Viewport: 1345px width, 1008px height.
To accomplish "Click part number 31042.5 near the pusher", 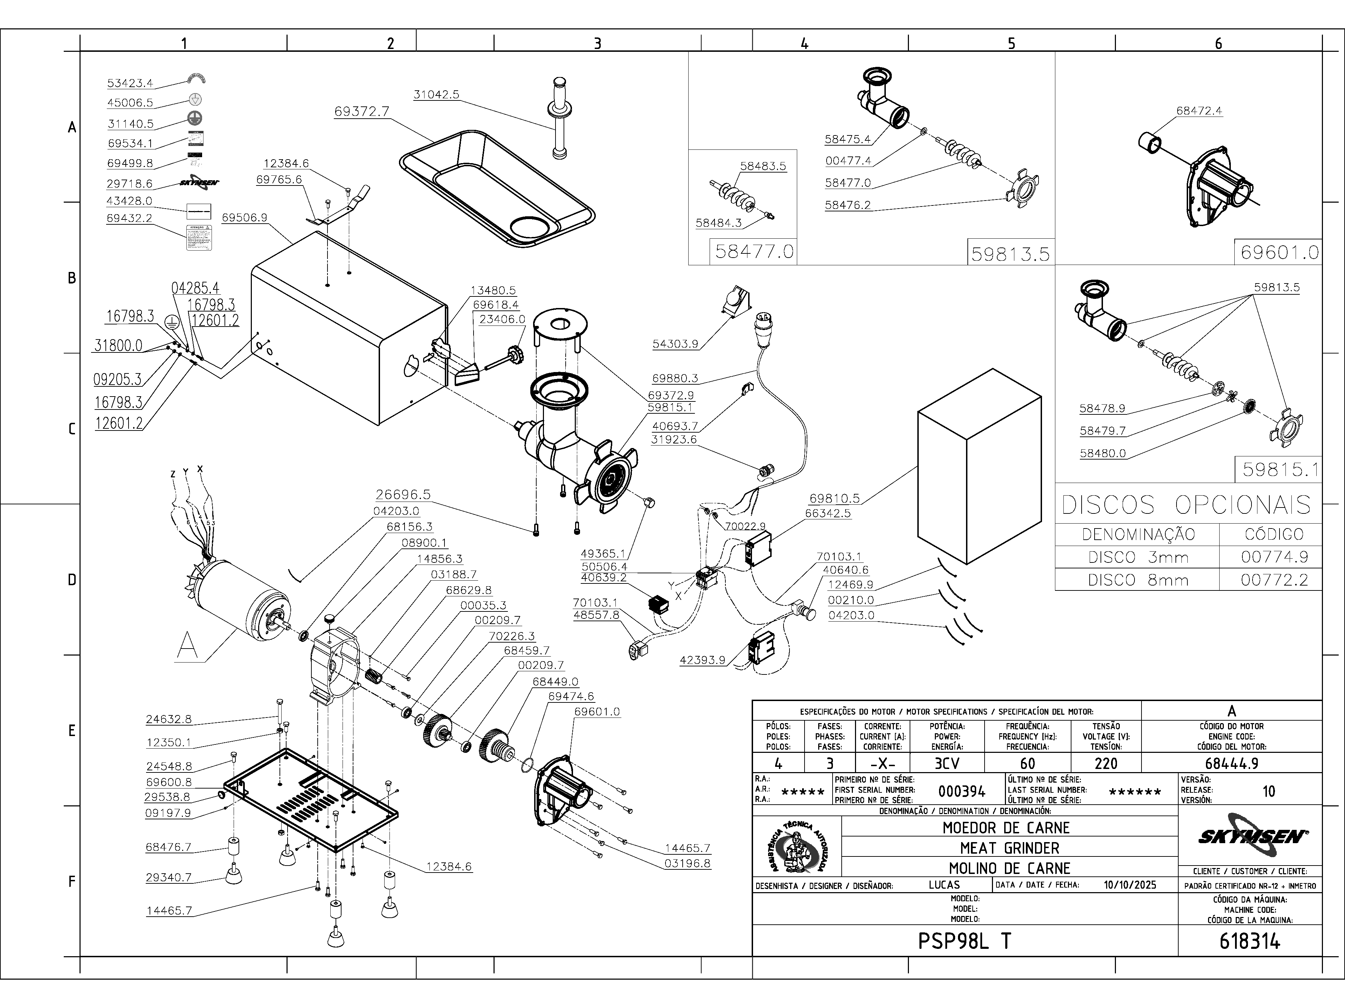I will (x=436, y=95).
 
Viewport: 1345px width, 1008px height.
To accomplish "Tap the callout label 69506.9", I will (x=244, y=217).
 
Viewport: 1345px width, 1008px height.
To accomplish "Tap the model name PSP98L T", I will (x=964, y=941).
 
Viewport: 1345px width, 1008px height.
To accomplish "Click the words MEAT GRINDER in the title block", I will (x=1009, y=848).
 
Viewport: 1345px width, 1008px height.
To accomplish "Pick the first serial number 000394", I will (x=962, y=791).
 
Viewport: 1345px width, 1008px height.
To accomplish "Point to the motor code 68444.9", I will (x=1231, y=763).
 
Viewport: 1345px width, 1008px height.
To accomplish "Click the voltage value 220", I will (x=1105, y=763).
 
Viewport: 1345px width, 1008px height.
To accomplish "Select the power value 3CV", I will (x=947, y=763).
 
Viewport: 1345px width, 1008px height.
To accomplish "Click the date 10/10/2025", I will (x=1130, y=885).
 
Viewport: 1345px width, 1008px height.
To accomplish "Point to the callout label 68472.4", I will (x=1199, y=111).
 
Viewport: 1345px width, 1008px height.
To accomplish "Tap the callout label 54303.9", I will (x=675, y=344).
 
